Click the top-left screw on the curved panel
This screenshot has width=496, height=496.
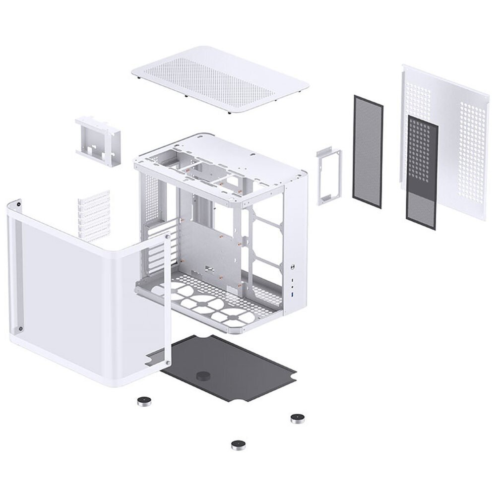pos(19,203)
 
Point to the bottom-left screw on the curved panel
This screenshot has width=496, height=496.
pos(20,328)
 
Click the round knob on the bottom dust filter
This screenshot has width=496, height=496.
pos(202,375)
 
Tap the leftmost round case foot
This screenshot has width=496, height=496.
pos(143,401)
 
